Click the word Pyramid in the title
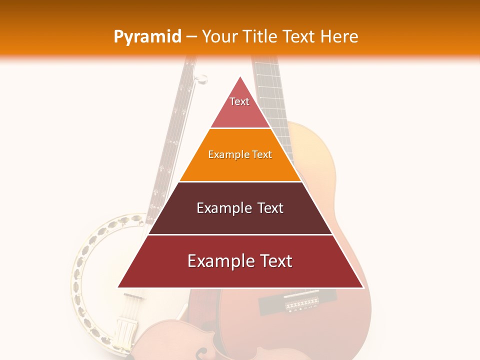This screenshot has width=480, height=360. (147, 37)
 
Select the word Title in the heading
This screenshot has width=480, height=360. (260, 36)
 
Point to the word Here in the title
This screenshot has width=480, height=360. (339, 36)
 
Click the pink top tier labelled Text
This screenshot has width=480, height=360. (240, 107)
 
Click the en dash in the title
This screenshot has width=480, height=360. (191, 37)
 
